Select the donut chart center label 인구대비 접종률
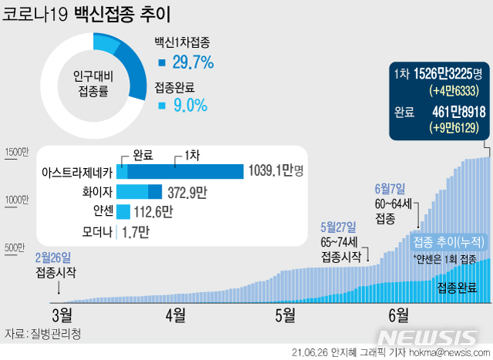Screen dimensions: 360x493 pyautogui.click(x=91, y=84)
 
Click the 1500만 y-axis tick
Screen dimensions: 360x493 pyautogui.click(x=16, y=153)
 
